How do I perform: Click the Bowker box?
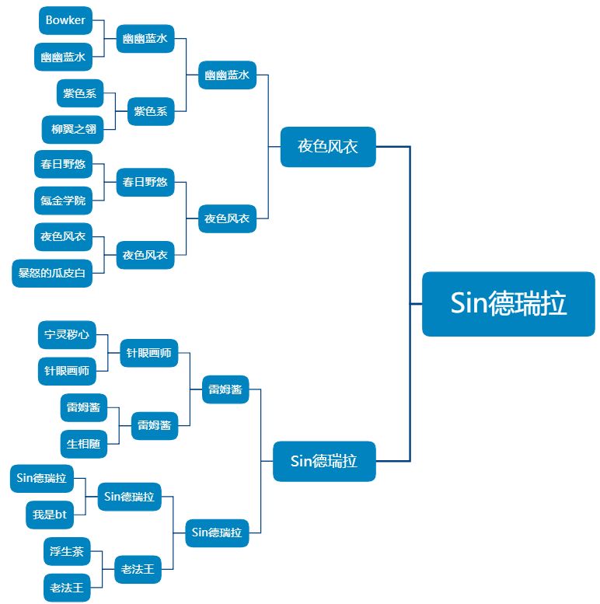(65, 21)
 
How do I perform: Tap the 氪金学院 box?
(64, 201)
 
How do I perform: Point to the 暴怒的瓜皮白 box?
(52, 273)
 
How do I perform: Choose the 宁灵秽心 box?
(67, 337)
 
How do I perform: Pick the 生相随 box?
(84, 444)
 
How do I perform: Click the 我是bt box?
(50, 514)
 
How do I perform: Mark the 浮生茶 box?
(67, 552)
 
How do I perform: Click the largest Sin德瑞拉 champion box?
(508, 304)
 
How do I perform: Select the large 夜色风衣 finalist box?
(328, 146)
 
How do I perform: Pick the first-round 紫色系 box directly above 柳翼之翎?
(81, 93)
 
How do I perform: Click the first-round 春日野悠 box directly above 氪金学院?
(64, 165)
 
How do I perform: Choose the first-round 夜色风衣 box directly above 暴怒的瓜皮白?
(64, 236)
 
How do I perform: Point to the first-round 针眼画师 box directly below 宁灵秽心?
(67, 371)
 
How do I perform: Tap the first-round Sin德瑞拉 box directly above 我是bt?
(42, 478)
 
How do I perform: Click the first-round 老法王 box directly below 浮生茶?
(67, 588)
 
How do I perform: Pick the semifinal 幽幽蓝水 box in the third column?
(227, 75)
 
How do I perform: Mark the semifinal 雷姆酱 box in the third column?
(225, 389)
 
